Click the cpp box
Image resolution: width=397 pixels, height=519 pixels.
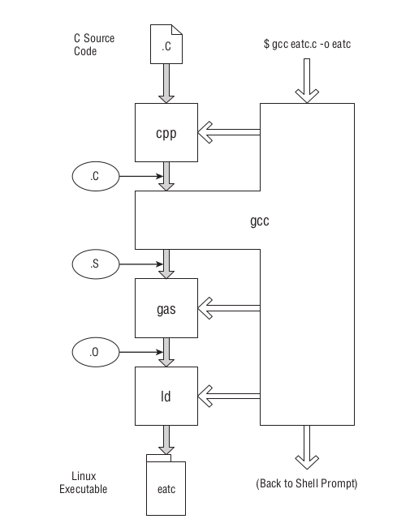click(166, 131)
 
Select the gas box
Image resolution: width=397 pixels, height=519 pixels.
click(166, 307)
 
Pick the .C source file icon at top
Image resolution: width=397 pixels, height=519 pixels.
click(166, 47)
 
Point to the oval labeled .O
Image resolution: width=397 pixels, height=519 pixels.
click(95, 352)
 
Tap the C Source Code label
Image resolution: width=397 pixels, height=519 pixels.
click(96, 45)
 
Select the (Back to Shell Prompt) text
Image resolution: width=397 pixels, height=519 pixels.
click(306, 483)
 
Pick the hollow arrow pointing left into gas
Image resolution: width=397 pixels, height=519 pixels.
click(229, 307)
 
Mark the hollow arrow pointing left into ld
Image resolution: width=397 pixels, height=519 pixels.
click(229, 395)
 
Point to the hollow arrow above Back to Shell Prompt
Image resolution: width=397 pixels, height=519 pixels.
click(307, 446)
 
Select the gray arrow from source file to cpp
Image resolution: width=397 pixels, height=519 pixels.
click(166, 84)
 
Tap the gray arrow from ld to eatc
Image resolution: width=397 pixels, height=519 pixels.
click(166, 440)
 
